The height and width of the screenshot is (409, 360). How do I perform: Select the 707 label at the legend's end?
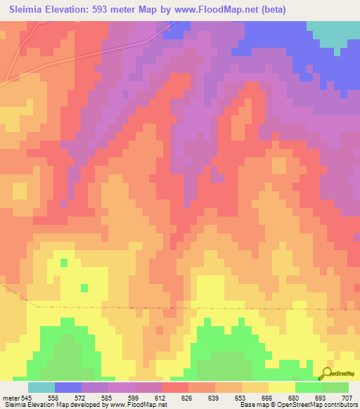coord(347,398)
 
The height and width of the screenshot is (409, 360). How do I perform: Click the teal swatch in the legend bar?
coord(41,387)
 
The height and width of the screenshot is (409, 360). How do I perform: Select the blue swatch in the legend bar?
coord(68,387)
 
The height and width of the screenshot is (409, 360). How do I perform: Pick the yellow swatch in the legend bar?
coord(282,387)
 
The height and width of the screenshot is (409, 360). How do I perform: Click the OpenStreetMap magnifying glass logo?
coord(326,374)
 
